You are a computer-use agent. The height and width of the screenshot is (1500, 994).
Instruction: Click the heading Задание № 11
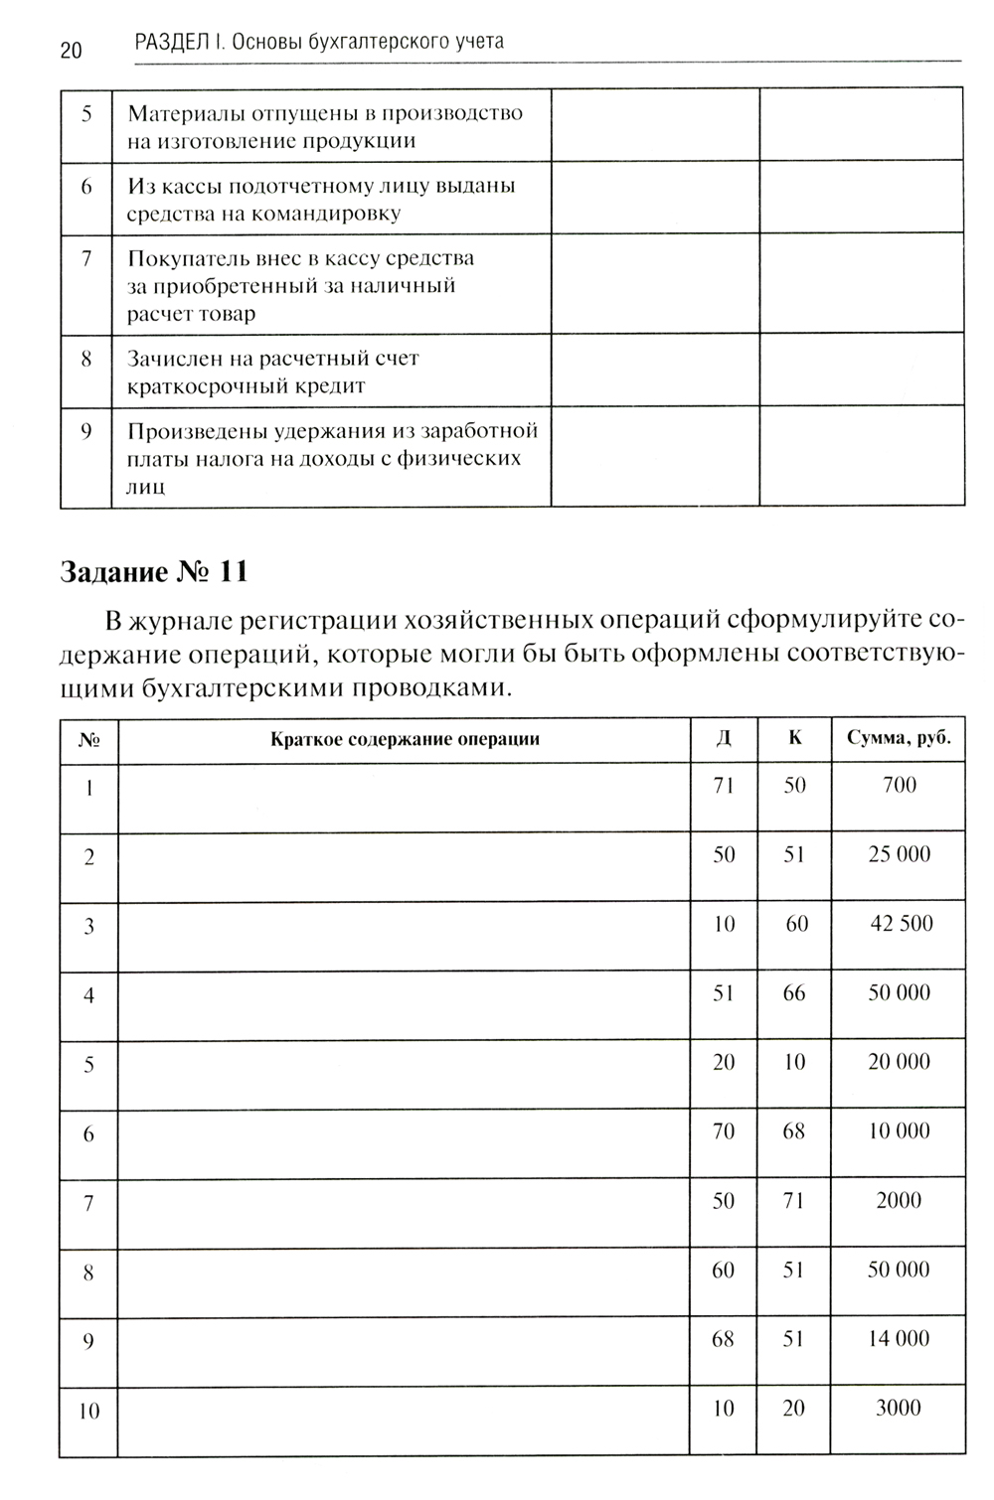pyautogui.click(x=154, y=572)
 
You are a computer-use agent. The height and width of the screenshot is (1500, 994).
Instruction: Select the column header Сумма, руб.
pyautogui.click(x=899, y=738)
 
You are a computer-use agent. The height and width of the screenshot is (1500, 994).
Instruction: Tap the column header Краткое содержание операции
pyautogui.click(x=405, y=739)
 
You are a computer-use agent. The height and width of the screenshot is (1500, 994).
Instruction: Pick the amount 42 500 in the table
pyautogui.click(x=902, y=924)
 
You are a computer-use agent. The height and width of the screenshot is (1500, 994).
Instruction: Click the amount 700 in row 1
pyautogui.click(x=900, y=785)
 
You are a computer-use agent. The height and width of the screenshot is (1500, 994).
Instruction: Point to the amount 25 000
pyautogui.click(x=900, y=854)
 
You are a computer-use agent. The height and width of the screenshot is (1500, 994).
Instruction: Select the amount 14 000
pyautogui.click(x=900, y=1338)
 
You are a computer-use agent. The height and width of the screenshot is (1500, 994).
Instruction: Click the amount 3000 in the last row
pyautogui.click(x=899, y=1408)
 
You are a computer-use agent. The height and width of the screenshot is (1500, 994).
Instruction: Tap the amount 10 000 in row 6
pyautogui.click(x=900, y=1130)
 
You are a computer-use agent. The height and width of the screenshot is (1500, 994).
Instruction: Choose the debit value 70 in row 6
pyautogui.click(x=724, y=1130)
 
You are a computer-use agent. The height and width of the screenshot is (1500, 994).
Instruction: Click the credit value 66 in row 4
pyautogui.click(x=794, y=992)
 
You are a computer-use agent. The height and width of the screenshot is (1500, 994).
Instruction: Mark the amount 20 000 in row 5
pyautogui.click(x=900, y=1062)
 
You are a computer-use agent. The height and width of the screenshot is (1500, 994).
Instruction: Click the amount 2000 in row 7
pyautogui.click(x=899, y=1200)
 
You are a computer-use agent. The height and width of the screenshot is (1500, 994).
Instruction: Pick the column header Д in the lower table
pyautogui.click(x=724, y=738)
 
